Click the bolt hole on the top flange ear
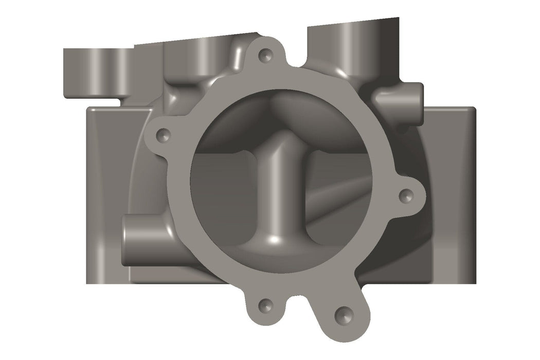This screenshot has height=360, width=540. point(266,54)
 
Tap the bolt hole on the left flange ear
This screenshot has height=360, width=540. point(164,135)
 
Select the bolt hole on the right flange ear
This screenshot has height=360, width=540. point(406,195)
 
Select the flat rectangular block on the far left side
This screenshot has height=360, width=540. point(105,195)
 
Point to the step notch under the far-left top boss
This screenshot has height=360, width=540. point(126,101)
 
